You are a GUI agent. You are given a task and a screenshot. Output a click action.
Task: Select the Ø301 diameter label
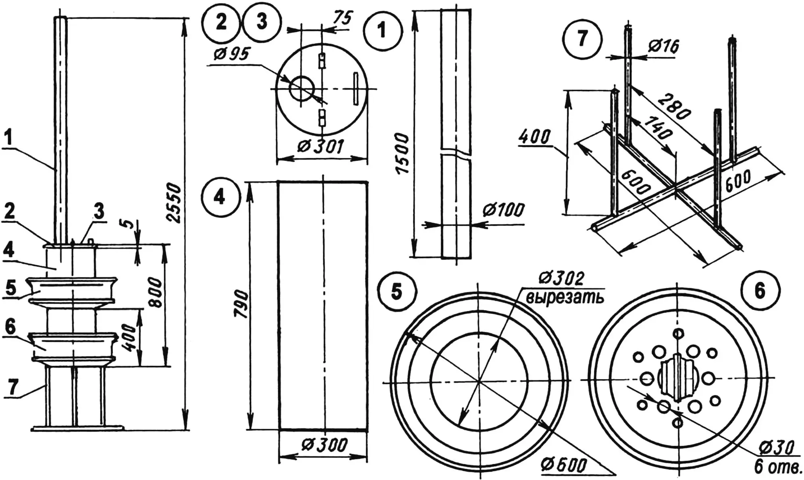(x=321, y=147)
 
